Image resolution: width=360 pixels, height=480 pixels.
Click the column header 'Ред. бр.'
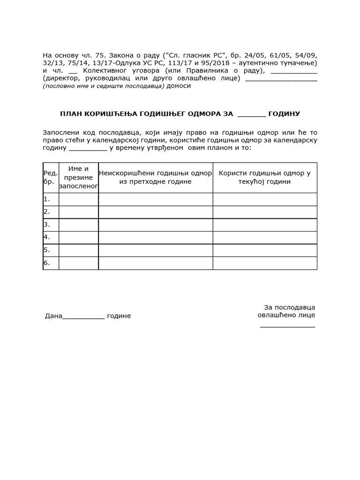(51, 177)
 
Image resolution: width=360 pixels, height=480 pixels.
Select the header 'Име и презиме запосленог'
(78, 177)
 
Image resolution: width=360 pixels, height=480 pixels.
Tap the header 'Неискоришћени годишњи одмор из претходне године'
(155, 177)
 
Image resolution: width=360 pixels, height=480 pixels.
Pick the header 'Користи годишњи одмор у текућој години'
(264, 177)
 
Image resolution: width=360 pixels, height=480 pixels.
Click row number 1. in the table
(47, 199)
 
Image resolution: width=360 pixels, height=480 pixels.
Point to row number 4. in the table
(47, 237)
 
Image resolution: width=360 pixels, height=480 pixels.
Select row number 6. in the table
(47, 263)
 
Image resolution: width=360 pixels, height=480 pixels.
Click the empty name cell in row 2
(78, 212)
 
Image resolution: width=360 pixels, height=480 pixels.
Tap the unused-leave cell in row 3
(155, 225)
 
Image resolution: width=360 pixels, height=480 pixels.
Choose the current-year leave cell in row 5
(264, 250)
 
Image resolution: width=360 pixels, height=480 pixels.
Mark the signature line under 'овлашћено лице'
(287, 325)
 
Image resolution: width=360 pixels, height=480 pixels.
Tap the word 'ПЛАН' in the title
(70, 114)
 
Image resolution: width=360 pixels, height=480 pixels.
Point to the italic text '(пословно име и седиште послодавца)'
(104, 86)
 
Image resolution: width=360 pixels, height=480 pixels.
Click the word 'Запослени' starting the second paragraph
(60, 133)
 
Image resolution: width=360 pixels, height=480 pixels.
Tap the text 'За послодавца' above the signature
(289, 307)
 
